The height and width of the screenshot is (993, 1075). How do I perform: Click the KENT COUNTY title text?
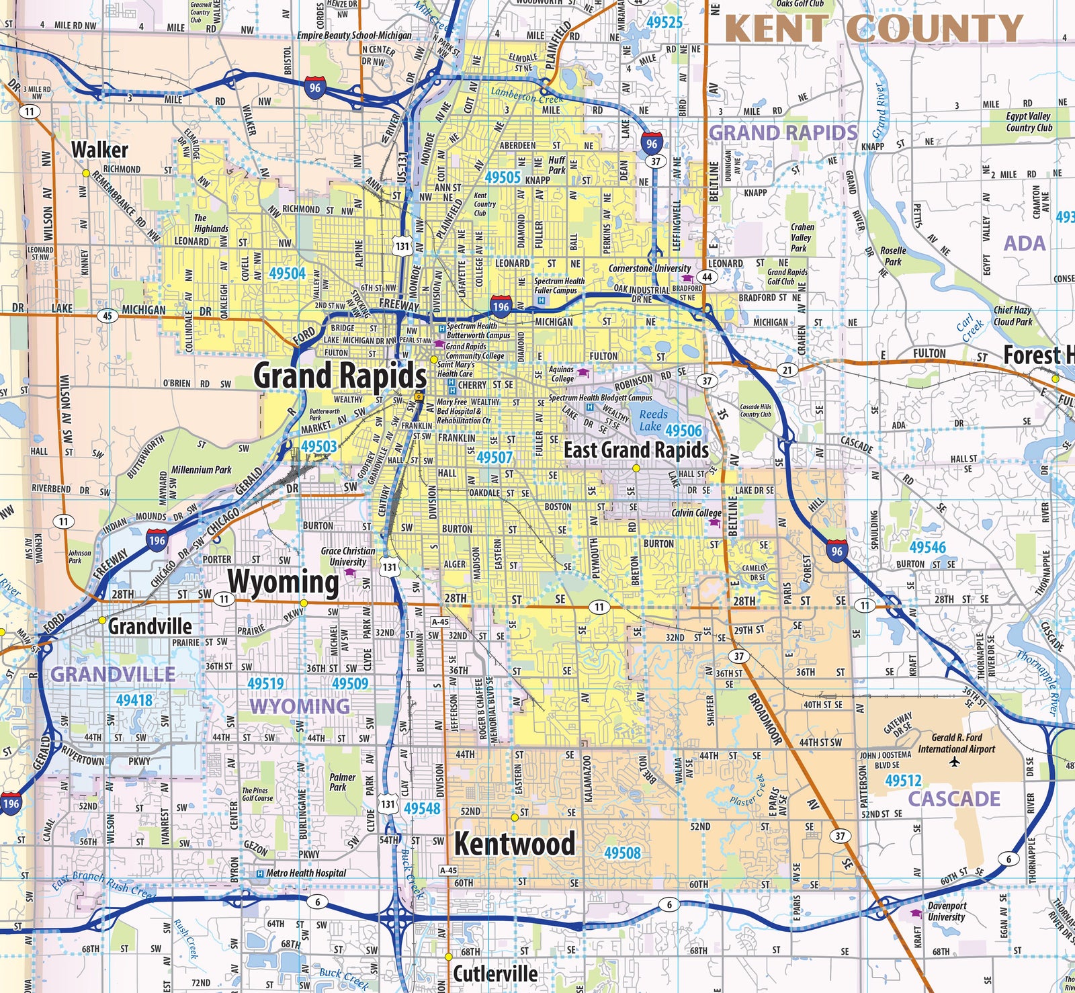coord(873,29)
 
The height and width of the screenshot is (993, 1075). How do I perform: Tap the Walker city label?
coord(99,149)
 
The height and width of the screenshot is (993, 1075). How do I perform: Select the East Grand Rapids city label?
coord(636,449)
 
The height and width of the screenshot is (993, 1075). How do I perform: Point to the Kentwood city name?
coord(515,843)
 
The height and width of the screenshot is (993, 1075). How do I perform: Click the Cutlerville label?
coord(495,973)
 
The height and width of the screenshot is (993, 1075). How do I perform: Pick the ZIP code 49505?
coord(503,177)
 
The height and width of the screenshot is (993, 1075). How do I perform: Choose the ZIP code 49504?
coord(287,273)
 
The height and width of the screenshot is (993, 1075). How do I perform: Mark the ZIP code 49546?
coord(927,547)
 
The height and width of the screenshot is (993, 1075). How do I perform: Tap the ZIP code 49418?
coord(134,700)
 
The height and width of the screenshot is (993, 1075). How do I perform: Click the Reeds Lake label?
coord(653,420)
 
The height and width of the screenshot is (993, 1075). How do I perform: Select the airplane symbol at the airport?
coord(955,761)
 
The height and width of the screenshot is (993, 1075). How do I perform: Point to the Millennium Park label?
coord(202,470)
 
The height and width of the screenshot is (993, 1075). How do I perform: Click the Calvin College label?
coord(696,513)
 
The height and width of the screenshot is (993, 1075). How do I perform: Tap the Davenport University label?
coord(946,911)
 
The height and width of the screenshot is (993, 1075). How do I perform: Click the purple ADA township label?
coord(1024,243)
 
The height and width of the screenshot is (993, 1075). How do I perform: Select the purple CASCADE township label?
coord(954,799)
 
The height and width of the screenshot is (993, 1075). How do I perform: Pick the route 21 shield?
coord(787,370)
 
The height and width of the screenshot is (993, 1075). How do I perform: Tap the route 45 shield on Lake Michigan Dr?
coord(107,316)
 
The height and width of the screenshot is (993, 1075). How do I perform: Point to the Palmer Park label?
coord(342,781)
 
